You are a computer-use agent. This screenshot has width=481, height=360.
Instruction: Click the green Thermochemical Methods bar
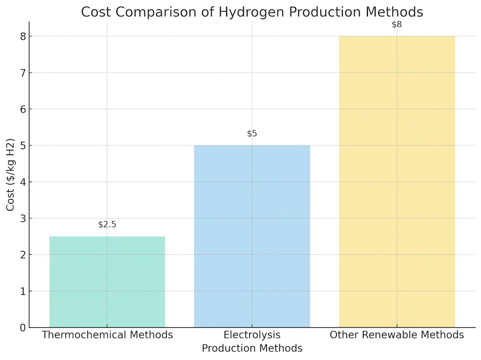(x=107, y=282)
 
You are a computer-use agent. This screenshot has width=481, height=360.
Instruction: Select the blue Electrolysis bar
(x=252, y=236)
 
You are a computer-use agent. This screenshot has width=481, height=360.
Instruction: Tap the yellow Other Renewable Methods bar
(x=397, y=182)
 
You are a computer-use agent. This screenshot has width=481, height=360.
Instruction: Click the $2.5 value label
(x=107, y=224)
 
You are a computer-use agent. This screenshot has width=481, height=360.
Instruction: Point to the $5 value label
(x=252, y=134)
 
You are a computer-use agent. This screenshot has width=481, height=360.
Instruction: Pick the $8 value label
(x=397, y=25)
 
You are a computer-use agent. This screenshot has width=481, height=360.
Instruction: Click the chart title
(x=252, y=12)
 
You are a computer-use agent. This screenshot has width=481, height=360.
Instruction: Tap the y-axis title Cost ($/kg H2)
(x=11, y=175)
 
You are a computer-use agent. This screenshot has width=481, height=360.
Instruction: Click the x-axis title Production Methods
(x=252, y=348)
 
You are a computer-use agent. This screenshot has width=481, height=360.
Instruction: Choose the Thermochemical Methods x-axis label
(x=107, y=335)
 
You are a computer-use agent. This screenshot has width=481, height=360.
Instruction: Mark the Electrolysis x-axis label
(x=252, y=335)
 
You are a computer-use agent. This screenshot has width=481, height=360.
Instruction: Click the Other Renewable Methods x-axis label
(x=397, y=335)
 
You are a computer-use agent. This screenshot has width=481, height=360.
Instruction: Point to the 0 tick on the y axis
(x=23, y=328)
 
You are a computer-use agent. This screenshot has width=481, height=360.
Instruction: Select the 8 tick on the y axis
(x=23, y=37)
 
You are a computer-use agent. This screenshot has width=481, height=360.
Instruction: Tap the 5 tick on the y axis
(x=23, y=146)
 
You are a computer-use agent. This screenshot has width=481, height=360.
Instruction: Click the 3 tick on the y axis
(x=23, y=219)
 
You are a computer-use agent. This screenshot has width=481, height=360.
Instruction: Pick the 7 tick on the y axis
(x=23, y=73)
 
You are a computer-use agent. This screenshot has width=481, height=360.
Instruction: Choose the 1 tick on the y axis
(x=23, y=291)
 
